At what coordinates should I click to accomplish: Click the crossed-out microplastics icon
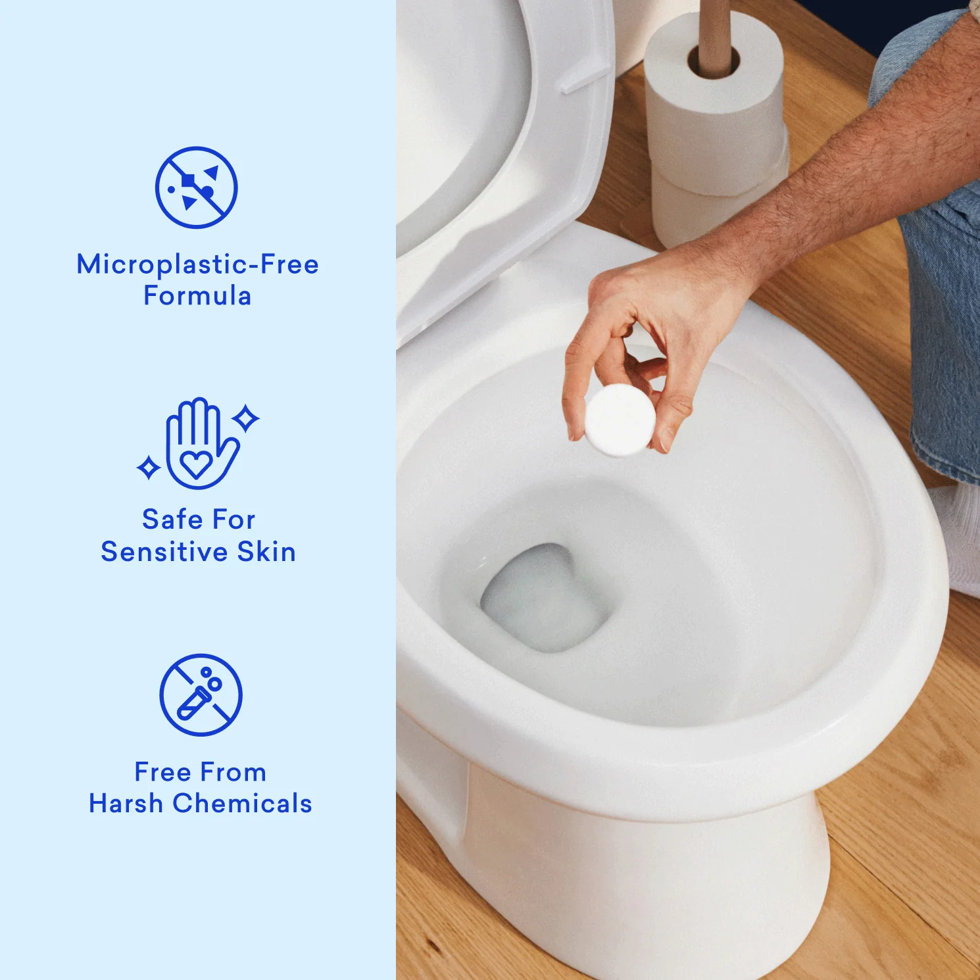196,187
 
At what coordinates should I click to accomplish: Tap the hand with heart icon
199,445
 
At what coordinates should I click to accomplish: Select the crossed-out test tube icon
201,695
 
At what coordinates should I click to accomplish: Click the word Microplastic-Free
197,264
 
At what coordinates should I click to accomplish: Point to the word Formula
197,296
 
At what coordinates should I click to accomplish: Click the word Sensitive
164,552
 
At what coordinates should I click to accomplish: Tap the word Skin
266,552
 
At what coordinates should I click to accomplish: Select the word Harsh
126,803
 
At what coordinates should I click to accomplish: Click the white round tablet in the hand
620,420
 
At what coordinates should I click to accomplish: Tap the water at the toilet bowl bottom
543,599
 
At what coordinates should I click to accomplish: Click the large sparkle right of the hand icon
246,418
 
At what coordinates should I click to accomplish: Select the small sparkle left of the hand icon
149,468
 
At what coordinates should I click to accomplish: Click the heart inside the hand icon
196,464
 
